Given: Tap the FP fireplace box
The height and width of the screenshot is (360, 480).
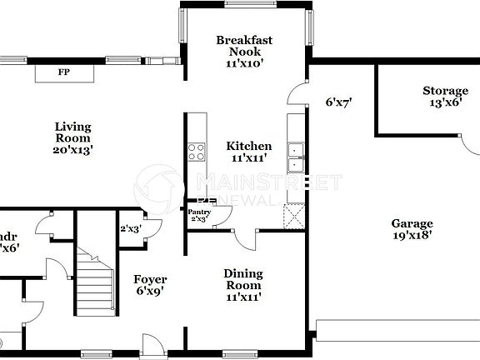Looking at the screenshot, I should tap(63, 73).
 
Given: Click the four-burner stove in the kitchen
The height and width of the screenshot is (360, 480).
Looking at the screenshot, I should tap(197, 152).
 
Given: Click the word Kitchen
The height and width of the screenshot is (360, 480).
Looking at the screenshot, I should tap(249, 146).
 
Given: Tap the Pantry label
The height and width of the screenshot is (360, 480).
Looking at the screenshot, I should tap(198, 213).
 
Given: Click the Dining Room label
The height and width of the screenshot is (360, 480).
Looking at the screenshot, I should tap(243, 279).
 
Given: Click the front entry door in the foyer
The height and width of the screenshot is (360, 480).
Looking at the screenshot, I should tap(152, 345).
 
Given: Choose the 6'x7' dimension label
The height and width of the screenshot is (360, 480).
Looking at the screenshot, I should tap(338, 102).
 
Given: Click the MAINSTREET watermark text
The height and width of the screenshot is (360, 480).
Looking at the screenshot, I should tap(267, 182).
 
